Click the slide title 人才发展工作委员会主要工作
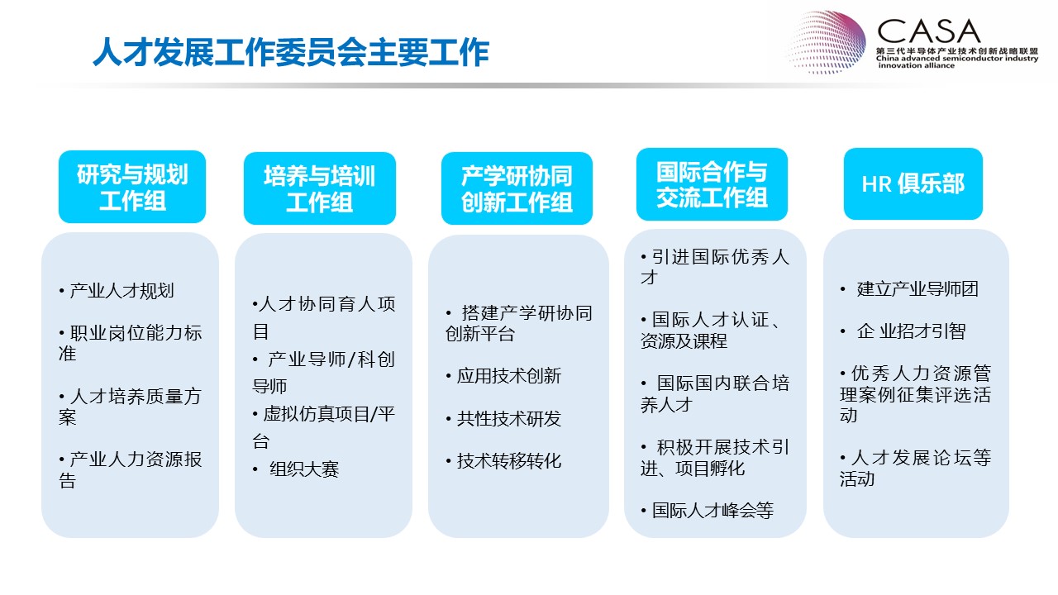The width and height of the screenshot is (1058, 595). [x=291, y=52]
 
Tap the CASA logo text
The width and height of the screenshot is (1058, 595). [x=928, y=31]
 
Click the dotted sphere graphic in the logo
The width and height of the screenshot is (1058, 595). [x=827, y=42]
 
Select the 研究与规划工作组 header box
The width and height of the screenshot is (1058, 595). [x=132, y=187]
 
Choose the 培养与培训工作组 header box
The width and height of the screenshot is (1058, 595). [x=320, y=188]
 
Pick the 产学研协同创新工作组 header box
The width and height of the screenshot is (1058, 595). [x=517, y=188]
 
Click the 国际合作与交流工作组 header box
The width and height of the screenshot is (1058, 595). [x=712, y=184]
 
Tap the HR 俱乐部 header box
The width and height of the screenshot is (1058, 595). [x=913, y=183]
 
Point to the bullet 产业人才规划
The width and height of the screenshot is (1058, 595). [x=117, y=290]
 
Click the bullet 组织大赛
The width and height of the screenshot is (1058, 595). [x=296, y=469]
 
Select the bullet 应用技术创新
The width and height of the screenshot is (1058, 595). [x=503, y=376]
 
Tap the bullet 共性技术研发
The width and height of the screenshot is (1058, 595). [x=503, y=418]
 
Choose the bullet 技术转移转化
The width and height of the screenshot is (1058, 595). [x=503, y=461]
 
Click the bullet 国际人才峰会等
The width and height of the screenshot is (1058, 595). [x=708, y=511]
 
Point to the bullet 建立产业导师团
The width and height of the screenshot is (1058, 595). [x=909, y=289]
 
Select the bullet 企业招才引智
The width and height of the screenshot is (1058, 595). [x=903, y=331]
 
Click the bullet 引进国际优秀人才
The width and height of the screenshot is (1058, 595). [x=715, y=267]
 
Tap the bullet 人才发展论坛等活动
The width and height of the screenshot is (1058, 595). [x=915, y=468]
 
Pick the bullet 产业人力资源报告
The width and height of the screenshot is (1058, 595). [x=131, y=469]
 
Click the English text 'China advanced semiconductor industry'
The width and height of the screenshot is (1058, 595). [x=957, y=59]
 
